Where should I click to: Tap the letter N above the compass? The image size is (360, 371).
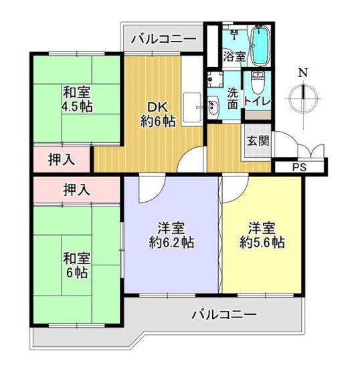pyautogui.click(x=303, y=73)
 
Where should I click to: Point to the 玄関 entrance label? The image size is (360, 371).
pyautogui.click(x=258, y=141)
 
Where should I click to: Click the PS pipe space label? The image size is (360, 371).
pyautogui.click(x=298, y=168)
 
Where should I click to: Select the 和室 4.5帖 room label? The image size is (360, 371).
pyautogui.click(x=78, y=98)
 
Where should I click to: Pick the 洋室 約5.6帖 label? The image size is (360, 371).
pyautogui.click(x=262, y=235)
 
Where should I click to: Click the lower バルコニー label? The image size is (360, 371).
pyautogui.click(x=223, y=314)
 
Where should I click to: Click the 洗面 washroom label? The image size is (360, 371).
pyautogui.click(x=232, y=97)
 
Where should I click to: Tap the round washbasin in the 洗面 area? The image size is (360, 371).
pyautogui.click(x=213, y=108)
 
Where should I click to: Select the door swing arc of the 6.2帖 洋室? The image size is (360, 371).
pyautogui.click(x=148, y=191)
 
